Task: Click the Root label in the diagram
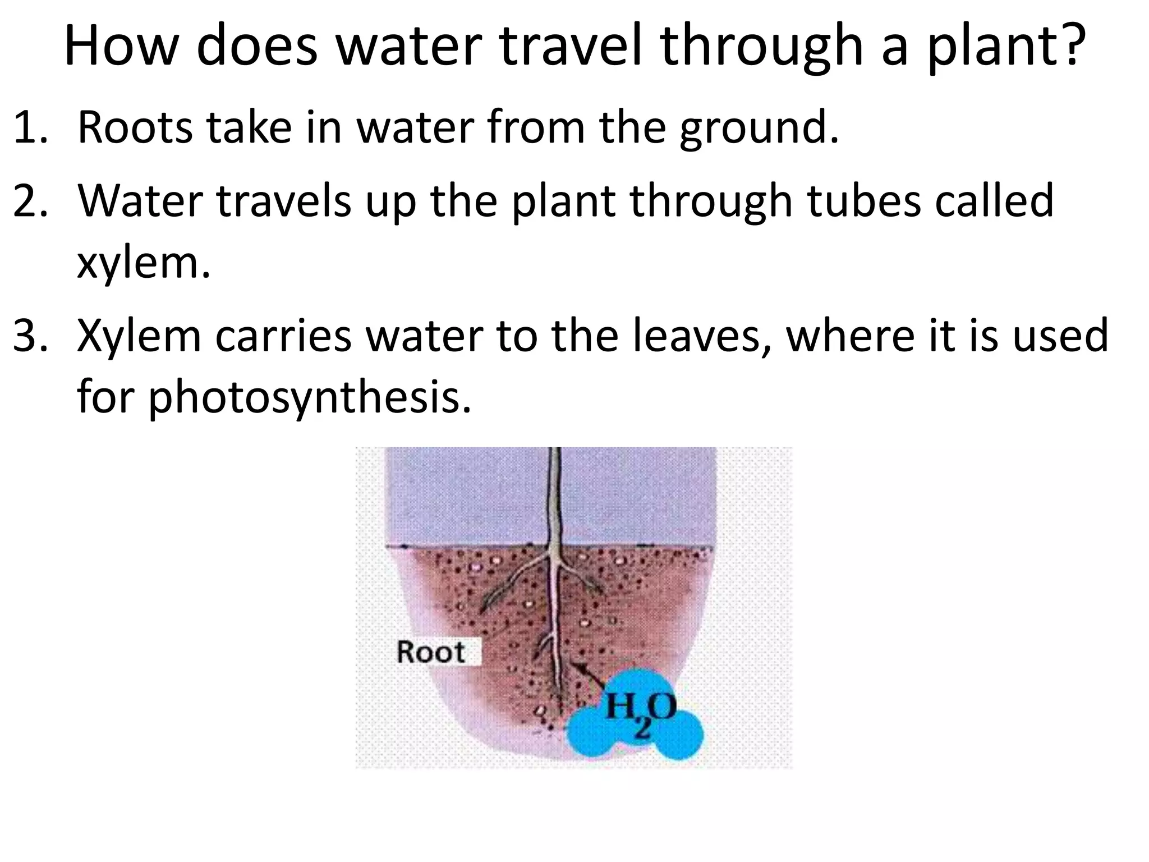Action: click(431, 652)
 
